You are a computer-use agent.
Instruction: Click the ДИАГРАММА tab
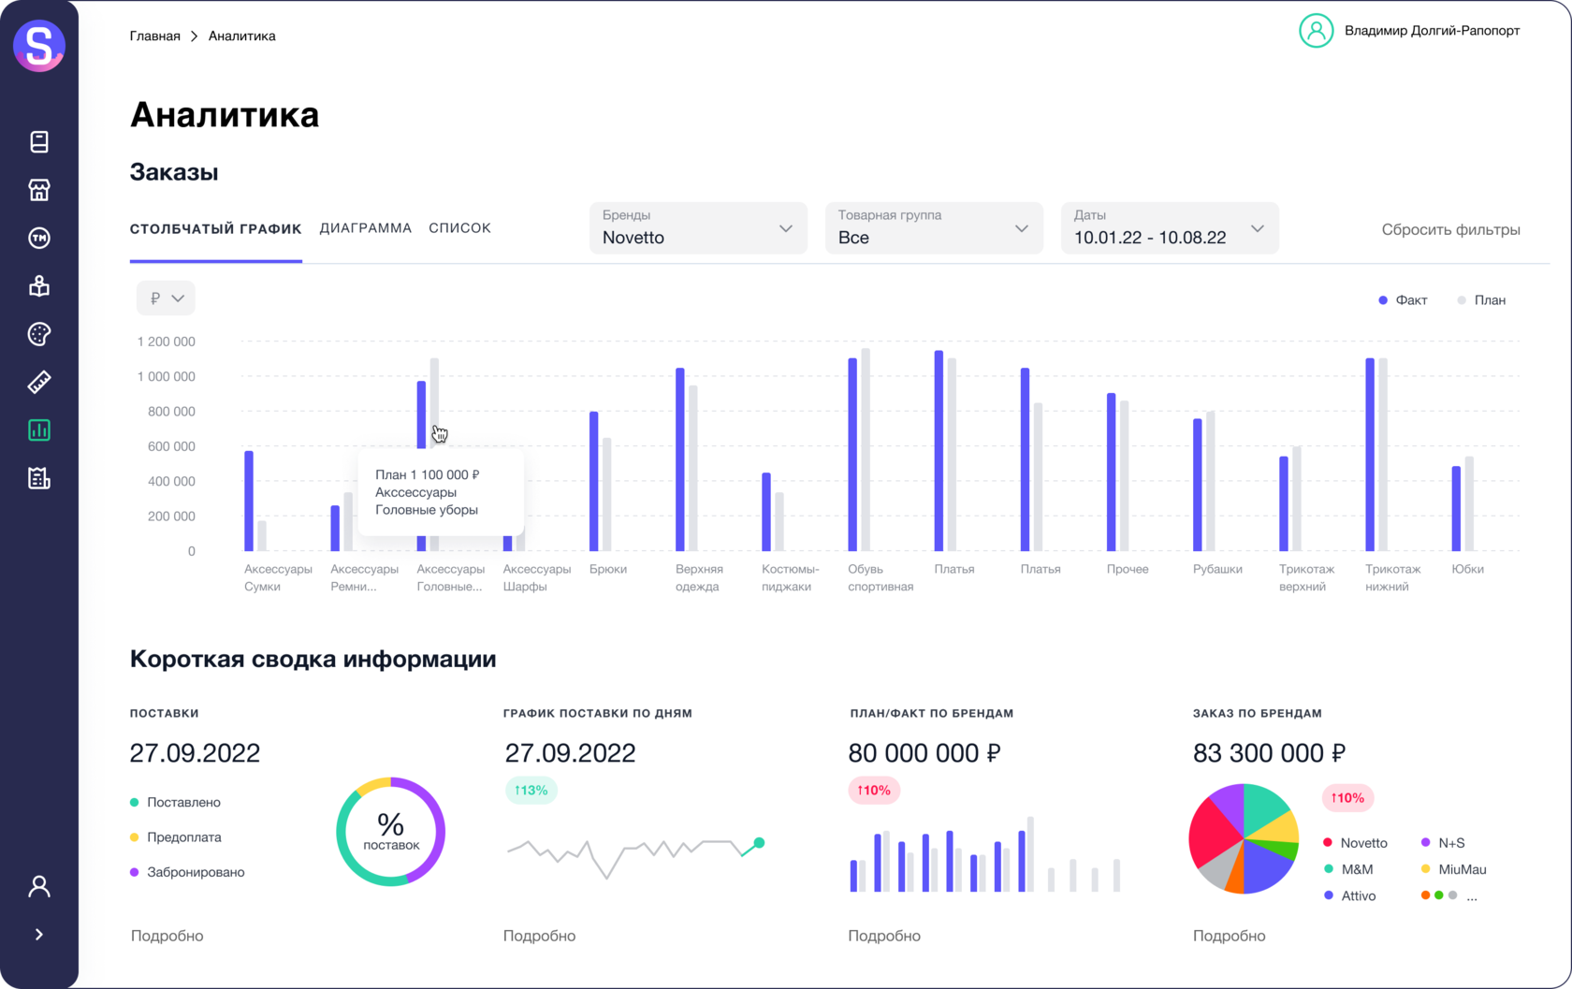tap(365, 228)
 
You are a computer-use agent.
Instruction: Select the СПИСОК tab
tap(459, 228)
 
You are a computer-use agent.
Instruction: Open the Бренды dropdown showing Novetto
tap(698, 228)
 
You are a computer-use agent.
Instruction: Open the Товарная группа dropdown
tap(934, 228)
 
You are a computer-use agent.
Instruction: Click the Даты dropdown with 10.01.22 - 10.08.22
tap(1169, 228)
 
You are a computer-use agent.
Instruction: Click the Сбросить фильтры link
tap(1450, 230)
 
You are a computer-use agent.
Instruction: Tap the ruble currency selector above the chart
tap(166, 298)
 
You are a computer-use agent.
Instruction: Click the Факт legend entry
tap(1403, 300)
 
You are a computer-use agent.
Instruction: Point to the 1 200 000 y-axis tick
tap(167, 342)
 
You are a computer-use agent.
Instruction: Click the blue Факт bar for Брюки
tap(594, 481)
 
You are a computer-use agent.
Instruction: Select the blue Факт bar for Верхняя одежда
tap(680, 459)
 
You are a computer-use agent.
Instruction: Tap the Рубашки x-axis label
tap(1217, 569)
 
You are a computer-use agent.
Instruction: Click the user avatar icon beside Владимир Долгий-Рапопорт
tap(1316, 31)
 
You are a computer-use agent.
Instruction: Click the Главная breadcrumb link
tap(155, 36)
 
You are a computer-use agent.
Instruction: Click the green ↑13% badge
tap(531, 791)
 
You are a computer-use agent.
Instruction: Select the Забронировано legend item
tap(195, 872)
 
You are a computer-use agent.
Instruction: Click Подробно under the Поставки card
tap(167, 936)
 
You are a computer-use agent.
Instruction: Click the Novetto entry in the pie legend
tap(1362, 843)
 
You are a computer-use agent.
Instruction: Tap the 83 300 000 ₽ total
tap(1269, 753)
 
